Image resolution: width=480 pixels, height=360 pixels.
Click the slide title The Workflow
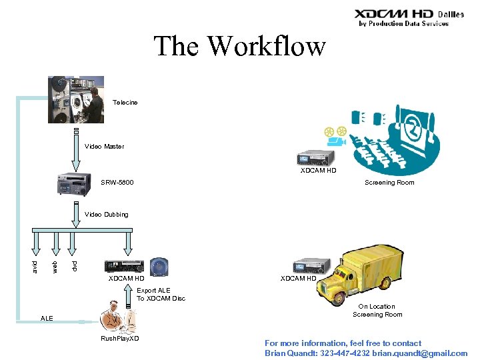(x=240, y=47)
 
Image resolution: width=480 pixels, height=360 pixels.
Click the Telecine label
(x=125, y=103)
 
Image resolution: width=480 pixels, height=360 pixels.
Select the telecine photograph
(x=76, y=100)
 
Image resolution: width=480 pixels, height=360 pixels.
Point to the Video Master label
(x=104, y=147)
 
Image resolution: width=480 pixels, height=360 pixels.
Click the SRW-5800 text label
(x=117, y=182)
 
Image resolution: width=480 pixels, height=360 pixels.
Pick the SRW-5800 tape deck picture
(x=75, y=184)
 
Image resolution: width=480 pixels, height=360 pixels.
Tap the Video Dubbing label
(x=107, y=215)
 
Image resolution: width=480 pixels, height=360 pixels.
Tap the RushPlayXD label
(x=120, y=339)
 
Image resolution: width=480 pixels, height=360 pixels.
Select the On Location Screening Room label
(x=377, y=311)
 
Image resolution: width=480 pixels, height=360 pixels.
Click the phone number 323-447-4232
(x=347, y=353)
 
